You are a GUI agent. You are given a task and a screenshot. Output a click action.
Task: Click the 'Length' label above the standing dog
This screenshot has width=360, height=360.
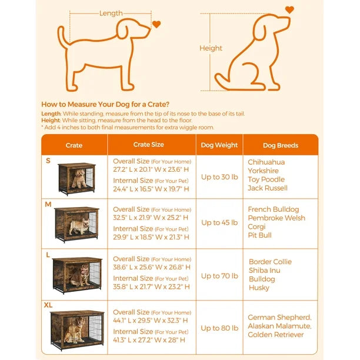[x=111, y=14]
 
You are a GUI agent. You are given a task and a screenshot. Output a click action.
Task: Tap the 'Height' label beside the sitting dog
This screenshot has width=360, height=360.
[x=211, y=48]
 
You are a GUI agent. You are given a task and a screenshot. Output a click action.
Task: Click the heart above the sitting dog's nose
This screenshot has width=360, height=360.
[x=289, y=10]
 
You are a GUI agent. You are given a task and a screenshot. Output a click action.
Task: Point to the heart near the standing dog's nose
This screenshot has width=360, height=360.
[x=156, y=24]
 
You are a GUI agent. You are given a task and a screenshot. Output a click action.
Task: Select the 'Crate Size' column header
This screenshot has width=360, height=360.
[x=149, y=145]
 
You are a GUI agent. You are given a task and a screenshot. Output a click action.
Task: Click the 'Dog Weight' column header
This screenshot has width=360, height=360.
[x=219, y=145]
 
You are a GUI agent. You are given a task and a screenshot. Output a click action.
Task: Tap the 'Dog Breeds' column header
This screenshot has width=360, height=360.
[x=281, y=145]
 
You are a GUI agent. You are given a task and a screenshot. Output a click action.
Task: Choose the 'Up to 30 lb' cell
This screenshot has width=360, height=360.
[x=219, y=177]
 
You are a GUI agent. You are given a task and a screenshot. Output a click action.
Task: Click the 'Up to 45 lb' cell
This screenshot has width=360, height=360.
[x=219, y=222]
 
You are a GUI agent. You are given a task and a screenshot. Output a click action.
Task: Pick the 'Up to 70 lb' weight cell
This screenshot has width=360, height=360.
[x=219, y=276]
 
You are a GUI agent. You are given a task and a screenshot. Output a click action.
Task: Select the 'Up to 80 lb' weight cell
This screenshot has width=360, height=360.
[x=219, y=328]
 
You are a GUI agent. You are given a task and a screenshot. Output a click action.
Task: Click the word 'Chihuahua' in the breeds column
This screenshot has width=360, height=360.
[x=266, y=162]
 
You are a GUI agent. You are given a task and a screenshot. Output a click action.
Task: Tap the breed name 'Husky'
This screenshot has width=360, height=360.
[x=259, y=288]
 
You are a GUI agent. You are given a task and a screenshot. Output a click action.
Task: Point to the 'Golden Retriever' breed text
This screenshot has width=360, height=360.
[x=276, y=335]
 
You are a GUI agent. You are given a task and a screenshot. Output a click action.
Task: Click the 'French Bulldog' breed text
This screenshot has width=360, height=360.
[x=274, y=209]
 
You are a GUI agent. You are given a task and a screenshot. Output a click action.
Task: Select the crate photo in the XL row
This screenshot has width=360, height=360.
[x=77, y=331]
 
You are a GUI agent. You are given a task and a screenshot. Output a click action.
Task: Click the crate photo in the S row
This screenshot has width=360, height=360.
[x=76, y=179]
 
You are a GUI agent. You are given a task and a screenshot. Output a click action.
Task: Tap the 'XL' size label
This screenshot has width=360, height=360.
[x=48, y=305]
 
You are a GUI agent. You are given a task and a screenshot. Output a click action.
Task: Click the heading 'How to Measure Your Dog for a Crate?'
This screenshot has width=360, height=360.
[x=105, y=105]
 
